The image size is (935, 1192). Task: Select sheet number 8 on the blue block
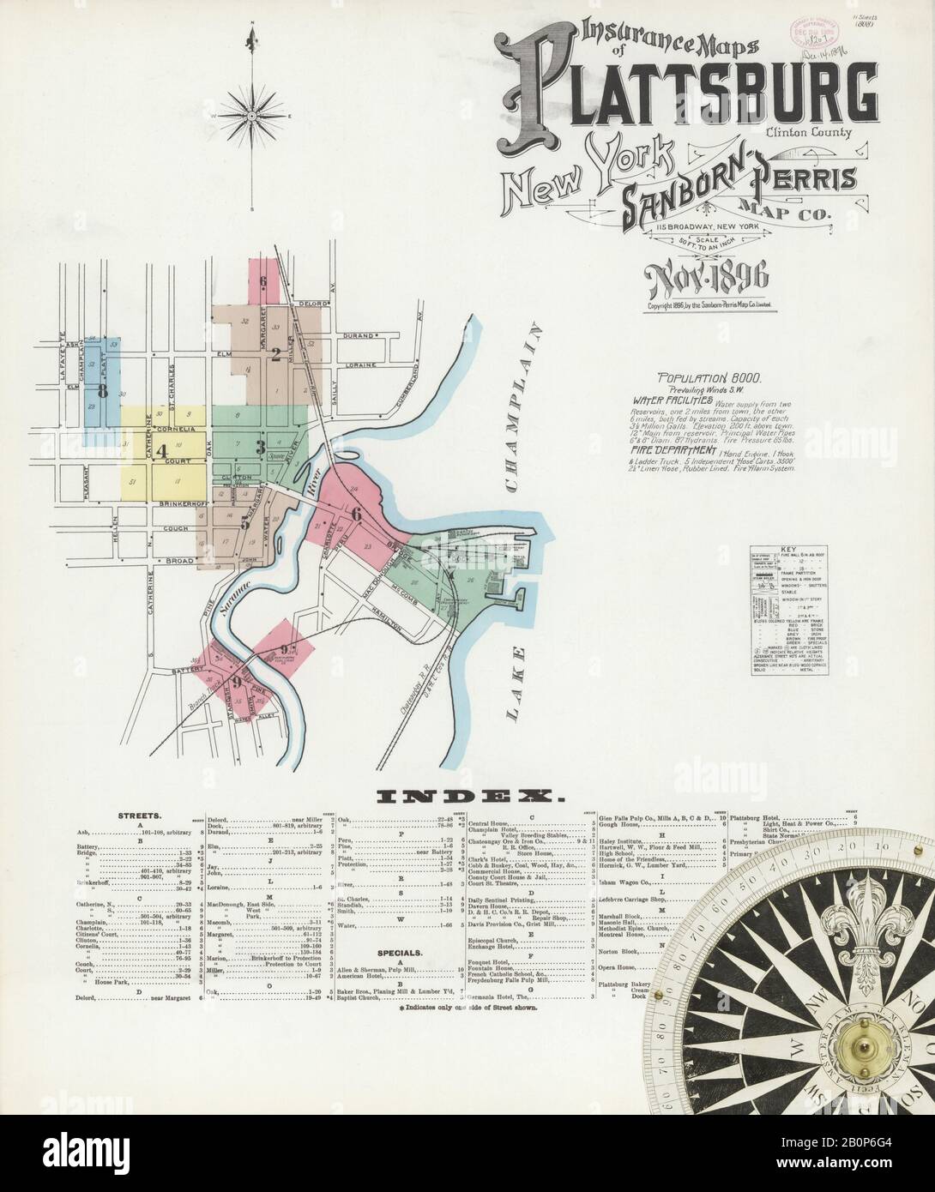pyautogui.click(x=102, y=391)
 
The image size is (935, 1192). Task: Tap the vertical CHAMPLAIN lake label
pyautogui.click(x=523, y=403)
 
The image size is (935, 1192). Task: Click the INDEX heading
pyautogui.click(x=467, y=797)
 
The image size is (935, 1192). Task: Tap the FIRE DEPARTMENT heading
pyautogui.click(x=673, y=450)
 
